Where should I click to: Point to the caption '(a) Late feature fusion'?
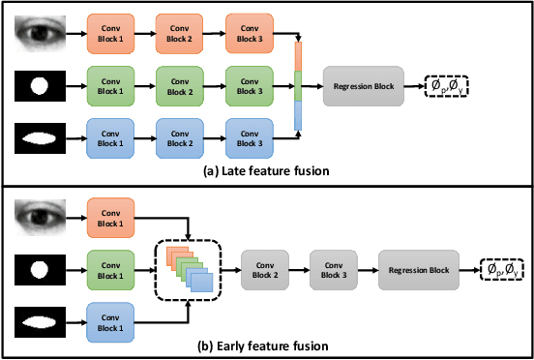pyautogui.click(x=267, y=170)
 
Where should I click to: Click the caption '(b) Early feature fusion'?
pyautogui.click(x=267, y=345)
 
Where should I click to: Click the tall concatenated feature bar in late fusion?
pyautogui.click(x=299, y=85)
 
